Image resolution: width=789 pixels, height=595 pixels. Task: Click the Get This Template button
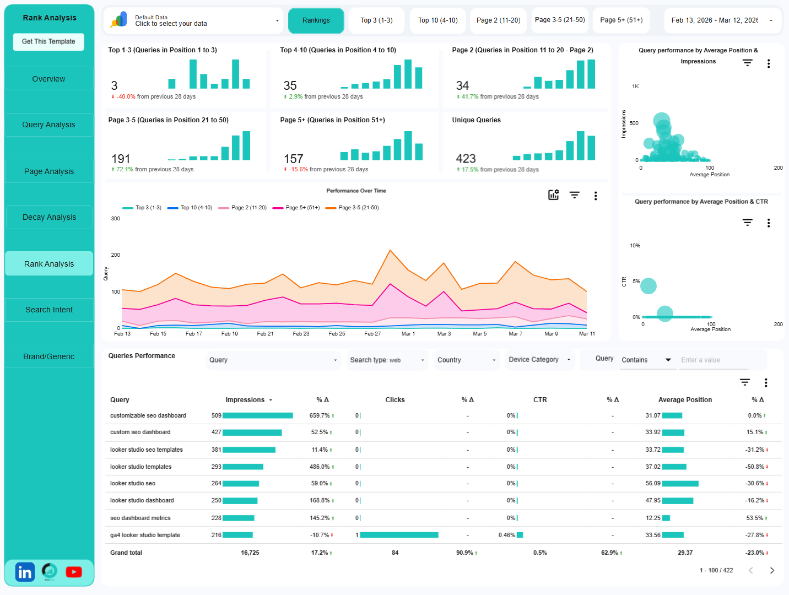(x=48, y=42)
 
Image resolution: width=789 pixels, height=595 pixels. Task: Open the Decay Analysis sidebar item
(x=49, y=218)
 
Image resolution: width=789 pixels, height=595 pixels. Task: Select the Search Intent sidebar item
(x=49, y=310)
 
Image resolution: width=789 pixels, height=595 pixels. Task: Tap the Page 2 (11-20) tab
(x=498, y=20)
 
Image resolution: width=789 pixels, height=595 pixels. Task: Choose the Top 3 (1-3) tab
(x=376, y=20)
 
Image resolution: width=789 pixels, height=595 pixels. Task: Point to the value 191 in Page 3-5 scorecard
(x=121, y=159)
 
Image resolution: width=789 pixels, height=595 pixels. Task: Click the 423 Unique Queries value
(x=466, y=159)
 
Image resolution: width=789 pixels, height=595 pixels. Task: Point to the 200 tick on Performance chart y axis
(x=116, y=255)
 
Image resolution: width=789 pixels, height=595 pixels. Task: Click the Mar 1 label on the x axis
(x=408, y=334)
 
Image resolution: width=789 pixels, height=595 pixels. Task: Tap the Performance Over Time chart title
(x=356, y=191)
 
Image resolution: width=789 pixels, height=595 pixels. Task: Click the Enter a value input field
(x=714, y=360)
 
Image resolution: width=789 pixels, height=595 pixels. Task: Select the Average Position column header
(x=685, y=400)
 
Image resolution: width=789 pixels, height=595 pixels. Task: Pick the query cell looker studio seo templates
(x=147, y=450)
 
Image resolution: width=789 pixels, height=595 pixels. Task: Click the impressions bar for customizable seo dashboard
(x=257, y=416)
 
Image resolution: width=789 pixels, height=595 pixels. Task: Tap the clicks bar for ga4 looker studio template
(x=399, y=535)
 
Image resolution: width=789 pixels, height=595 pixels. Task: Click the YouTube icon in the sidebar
(x=74, y=572)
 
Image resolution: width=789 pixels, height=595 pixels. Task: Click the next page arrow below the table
(x=772, y=571)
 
